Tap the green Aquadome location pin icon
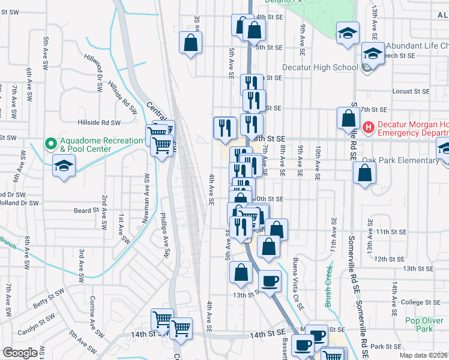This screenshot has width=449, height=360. tap(51, 144)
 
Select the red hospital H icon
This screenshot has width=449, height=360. tap(369, 128)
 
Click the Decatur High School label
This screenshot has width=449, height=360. tap(320, 67)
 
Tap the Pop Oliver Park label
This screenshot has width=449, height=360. tap(419, 325)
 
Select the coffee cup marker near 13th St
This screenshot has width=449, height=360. tap(270, 280)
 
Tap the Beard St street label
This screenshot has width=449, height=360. tap(86, 211)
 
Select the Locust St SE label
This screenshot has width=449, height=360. tap(411, 91)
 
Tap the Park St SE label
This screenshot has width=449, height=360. tap(385, 346)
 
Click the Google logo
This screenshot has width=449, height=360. tap(20, 353)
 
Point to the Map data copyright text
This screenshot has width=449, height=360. tap(423, 355)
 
